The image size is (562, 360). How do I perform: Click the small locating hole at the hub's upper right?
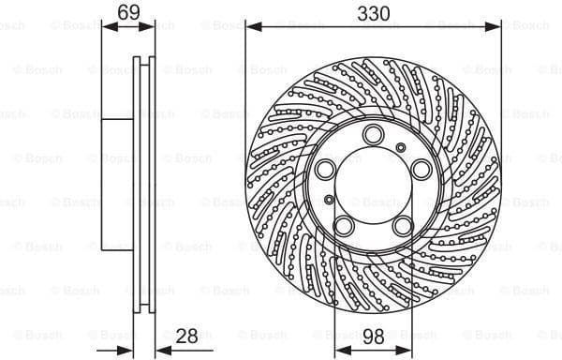click(x=401, y=146)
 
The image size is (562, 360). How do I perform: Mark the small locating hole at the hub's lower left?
click(x=329, y=200)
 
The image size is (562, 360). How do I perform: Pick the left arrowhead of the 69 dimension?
click(x=105, y=26)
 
